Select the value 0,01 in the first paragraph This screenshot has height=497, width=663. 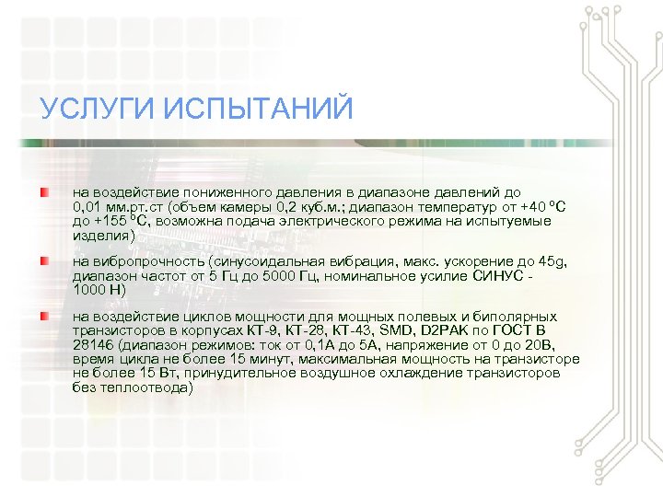coord(88,207)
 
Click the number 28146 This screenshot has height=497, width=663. coord(95,345)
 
